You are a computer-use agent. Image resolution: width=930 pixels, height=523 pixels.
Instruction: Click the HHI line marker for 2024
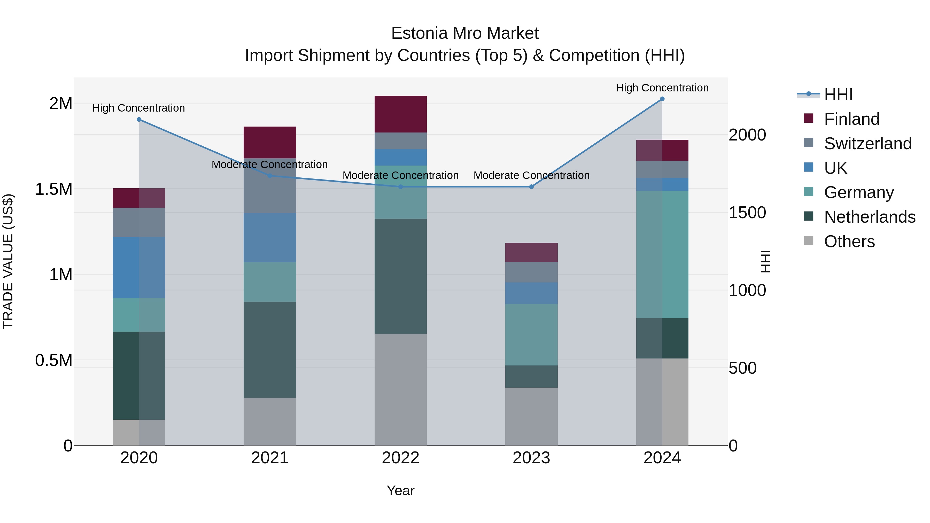coord(662,99)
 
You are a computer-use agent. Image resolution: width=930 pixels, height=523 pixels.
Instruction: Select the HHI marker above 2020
coord(139,120)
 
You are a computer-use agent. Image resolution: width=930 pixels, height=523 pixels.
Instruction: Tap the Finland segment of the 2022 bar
coord(400,114)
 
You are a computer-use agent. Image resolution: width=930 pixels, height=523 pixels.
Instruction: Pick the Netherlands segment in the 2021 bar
coord(270,349)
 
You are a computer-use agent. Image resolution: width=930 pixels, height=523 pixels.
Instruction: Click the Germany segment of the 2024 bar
coord(662,254)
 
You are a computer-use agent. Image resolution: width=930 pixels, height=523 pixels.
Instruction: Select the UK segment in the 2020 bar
coord(139,268)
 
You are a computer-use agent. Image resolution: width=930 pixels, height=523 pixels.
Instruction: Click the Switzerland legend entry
coord(867,144)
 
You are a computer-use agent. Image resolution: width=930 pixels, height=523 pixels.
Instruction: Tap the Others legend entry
coord(849,241)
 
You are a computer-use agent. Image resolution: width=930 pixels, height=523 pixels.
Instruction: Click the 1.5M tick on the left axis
coord(54,189)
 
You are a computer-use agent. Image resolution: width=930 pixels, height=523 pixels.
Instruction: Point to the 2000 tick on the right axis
coord(747,135)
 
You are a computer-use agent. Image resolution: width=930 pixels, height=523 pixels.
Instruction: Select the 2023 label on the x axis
coord(531,458)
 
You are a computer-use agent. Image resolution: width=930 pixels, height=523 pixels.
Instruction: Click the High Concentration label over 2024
coord(662,88)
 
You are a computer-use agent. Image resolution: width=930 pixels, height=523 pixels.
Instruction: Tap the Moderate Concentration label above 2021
coord(270,165)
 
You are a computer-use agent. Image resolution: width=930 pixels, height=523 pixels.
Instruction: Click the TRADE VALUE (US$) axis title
coord(8,261)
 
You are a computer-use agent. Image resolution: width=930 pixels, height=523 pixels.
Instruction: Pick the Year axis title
coord(400,490)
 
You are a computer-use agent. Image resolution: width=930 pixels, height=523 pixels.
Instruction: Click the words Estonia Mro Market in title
coord(465,33)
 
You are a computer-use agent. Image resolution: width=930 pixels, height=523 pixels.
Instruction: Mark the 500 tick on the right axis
coord(742,368)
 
